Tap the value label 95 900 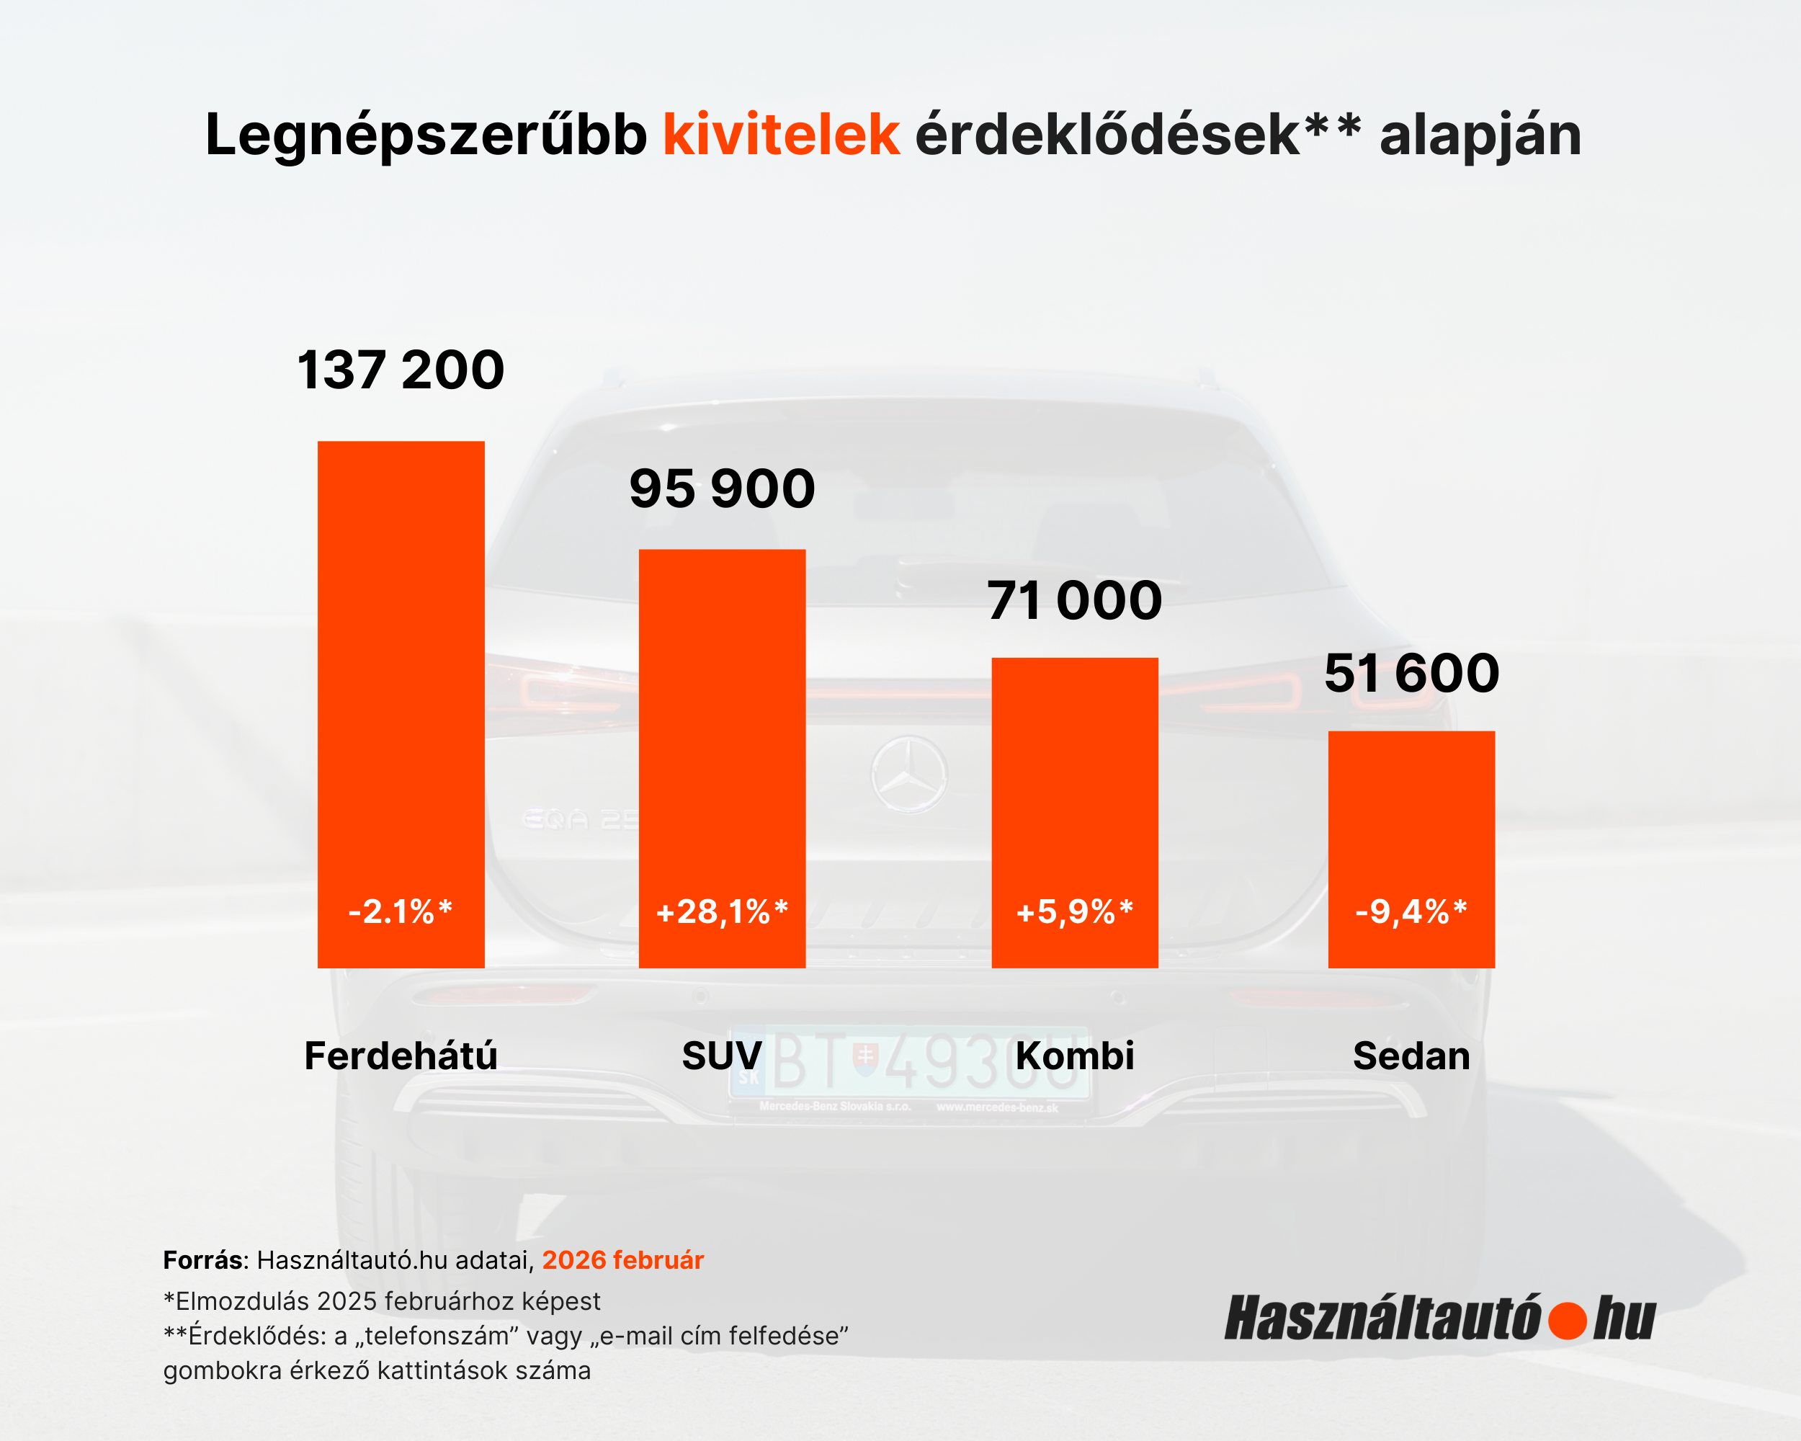point(722,488)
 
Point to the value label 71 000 point(1074,601)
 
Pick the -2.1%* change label point(401,911)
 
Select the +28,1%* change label point(722,911)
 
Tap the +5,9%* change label point(1074,911)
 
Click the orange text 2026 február point(623,1259)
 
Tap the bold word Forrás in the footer point(203,1259)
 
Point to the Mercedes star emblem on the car point(909,775)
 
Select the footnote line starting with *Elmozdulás point(382,1301)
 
